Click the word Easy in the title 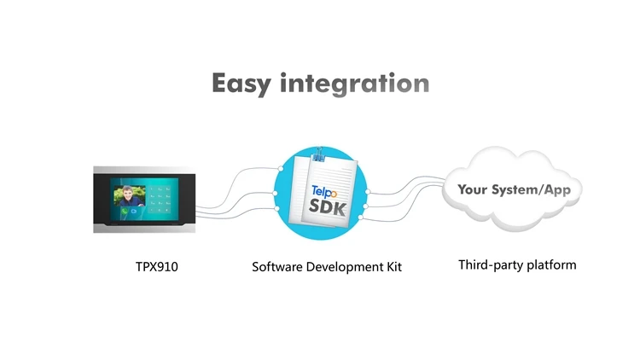pyautogui.click(x=241, y=84)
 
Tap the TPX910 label pyautogui.click(x=157, y=267)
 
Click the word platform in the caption pyautogui.click(x=551, y=265)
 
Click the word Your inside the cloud pyautogui.click(x=475, y=189)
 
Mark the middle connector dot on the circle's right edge pyautogui.click(x=368, y=205)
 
